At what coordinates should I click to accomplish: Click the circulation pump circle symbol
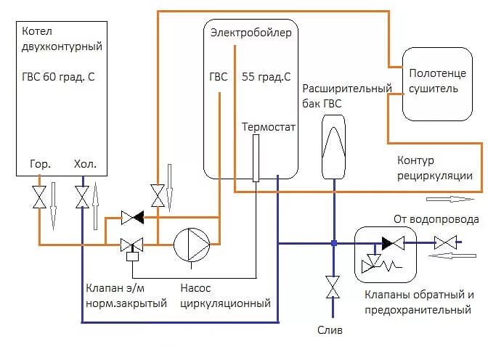pos(191,244)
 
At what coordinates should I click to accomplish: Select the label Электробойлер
pos(250,33)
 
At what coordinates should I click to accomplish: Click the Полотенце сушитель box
pos(433,82)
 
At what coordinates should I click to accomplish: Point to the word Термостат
pos(269,127)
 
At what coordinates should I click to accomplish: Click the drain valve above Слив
pos(333,287)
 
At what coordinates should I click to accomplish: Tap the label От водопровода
pos(436,219)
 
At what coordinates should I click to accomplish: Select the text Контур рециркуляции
pos(435,168)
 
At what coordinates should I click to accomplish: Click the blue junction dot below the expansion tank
pos(333,243)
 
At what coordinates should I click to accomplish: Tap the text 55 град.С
pos(267,76)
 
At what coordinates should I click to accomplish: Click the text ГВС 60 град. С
pos(59,76)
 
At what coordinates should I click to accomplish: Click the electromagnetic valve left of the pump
pos(132,245)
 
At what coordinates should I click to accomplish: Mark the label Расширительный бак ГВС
pos(332,96)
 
